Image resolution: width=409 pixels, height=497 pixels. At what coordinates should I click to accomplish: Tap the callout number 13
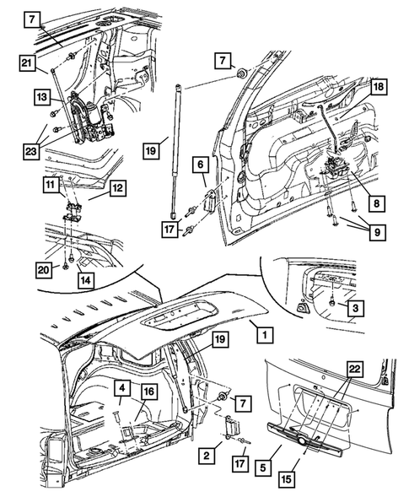click(28, 98)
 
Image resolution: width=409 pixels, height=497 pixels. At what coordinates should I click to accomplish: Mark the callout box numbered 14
click(85, 278)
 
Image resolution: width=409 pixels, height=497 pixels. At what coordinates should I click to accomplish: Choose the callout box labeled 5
click(269, 462)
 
